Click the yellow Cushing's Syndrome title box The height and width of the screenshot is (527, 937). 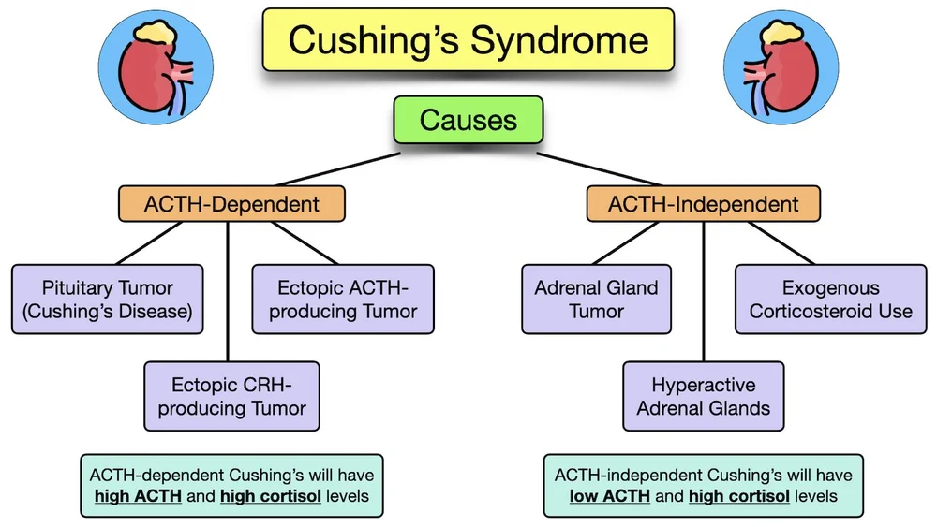tap(468, 40)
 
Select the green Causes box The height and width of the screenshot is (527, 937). tap(468, 120)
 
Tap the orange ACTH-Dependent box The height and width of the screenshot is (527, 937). tap(231, 204)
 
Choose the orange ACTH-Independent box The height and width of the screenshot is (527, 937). tap(704, 204)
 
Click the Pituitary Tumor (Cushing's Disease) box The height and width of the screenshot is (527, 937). tap(108, 299)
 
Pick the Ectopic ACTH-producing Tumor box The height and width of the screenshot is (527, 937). tap(343, 299)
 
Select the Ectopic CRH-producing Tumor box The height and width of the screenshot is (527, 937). tap(231, 396)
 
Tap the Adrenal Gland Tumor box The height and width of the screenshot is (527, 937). tap(596, 299)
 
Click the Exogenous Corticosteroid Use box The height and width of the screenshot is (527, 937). tap(830, 299)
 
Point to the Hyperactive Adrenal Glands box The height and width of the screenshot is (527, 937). tap(704, 396)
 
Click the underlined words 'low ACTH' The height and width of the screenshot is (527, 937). tap(610, 496)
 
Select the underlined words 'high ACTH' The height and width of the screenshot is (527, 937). tap(138, 496)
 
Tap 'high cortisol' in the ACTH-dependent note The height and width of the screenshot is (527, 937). tap(271, 496)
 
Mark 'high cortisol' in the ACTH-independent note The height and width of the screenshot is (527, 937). tap(739, 496)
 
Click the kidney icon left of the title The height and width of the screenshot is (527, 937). tap(156, 67)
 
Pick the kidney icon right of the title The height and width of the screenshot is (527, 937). tap(781, 67)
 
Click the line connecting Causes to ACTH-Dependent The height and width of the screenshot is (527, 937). tap(339, 169)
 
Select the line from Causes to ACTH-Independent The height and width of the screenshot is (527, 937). tap(599, 169)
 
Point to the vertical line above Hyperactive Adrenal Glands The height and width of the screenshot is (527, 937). tap(704, 292)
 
